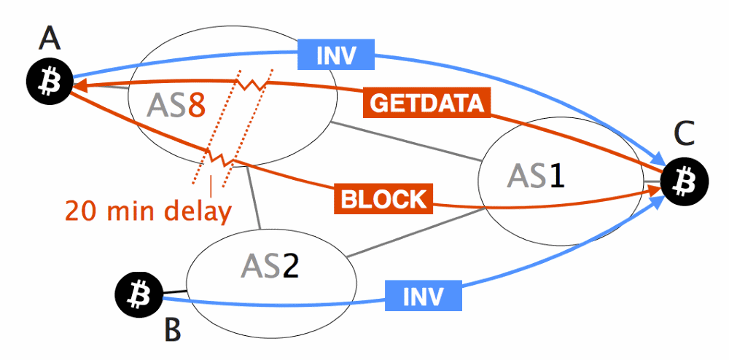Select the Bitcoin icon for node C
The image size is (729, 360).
point(685,179)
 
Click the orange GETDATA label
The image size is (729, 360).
point(426,103)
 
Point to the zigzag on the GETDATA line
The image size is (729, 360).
point(249,85)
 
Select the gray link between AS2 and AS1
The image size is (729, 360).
point(416,233)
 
